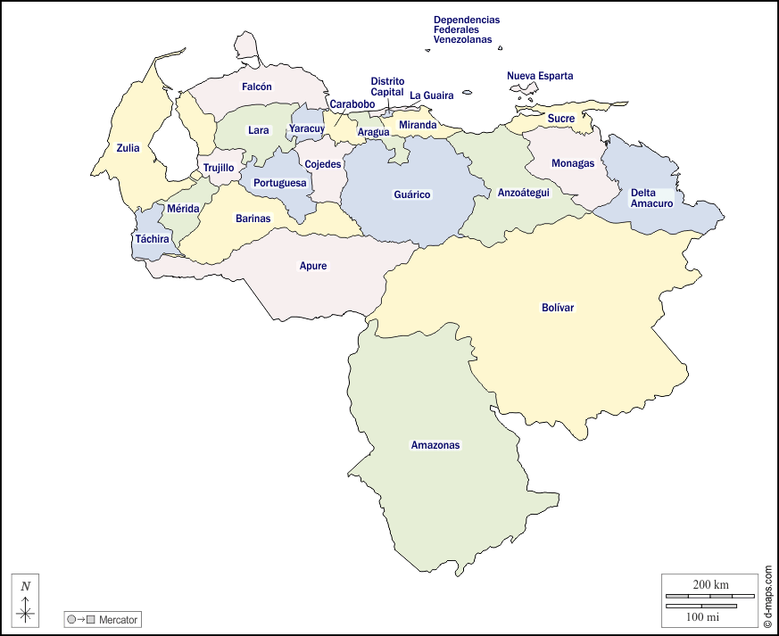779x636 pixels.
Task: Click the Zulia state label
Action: click(128, 148)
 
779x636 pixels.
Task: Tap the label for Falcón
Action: click(256, 87)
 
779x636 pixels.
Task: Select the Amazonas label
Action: click(435, 445)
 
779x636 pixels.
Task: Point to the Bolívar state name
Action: click(558, 308)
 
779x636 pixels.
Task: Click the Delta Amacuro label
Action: click(650, 198)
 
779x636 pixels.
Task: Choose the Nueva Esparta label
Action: click(540, 76)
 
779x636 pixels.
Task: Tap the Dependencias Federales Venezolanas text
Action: click(466, 29)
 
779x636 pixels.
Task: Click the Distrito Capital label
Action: click(387, 87)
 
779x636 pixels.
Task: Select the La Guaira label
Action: click(432, 95)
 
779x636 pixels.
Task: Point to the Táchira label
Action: click(152, 239)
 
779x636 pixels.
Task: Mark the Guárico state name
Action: click(412, 194)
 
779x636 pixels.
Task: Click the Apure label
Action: click(313, 266)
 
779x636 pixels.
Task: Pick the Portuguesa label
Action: click(279, 183)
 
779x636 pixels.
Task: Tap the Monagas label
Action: click(573, 163)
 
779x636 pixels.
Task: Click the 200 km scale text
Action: click(710, 584)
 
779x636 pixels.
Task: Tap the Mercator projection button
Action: click(103, 619)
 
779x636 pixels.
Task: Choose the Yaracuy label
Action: click(306, 129)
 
